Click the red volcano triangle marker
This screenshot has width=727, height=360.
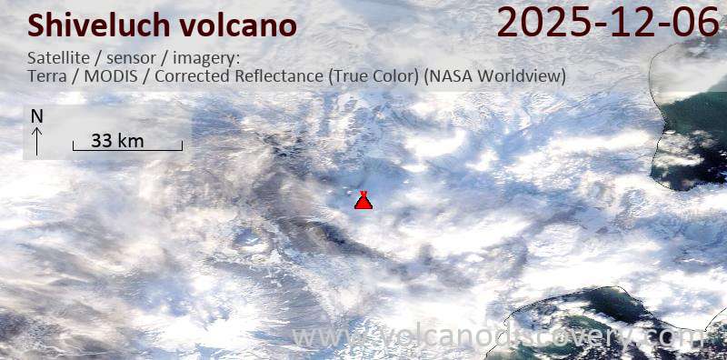tap(363, 201)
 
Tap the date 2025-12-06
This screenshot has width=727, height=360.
tap(608, 23)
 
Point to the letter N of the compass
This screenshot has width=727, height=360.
tap(36, 116)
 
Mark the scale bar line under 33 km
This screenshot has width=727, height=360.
tap(127, 149)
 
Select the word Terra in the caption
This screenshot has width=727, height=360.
tap(47, 76)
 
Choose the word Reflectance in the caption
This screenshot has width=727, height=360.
tap(275, 76)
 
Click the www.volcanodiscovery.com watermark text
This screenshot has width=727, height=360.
tap(495, 338)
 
